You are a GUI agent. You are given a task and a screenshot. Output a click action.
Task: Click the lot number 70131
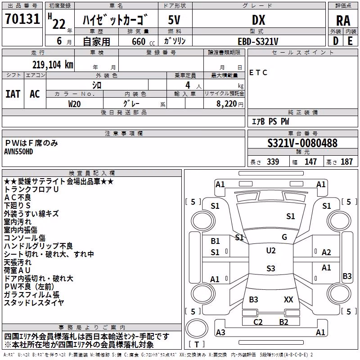pyautogui.click(x=22, y=18)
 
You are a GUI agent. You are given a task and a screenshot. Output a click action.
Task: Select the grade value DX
pyautogui.click(x=258, y=20)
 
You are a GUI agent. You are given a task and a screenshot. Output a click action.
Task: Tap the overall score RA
pyautogui.click(x=343, y=21)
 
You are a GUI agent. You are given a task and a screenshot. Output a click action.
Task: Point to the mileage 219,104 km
pyautogui.click(x=53, y=65)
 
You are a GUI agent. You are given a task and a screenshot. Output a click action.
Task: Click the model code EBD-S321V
pyautogui.click(x=258, y=41)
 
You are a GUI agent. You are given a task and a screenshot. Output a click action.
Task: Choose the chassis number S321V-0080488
pyautogui.click(x=302, y=143)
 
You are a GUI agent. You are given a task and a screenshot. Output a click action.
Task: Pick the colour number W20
pyautogui.click(x=74, y=104)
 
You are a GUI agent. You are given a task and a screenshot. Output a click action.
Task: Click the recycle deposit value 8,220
pyautogui.click(x=227, y=104)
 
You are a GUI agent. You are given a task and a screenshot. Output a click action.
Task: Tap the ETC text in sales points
pyautogui.click(x=258, y=72)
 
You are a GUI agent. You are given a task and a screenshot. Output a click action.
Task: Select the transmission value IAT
pyautogui.click(x=13, y=94)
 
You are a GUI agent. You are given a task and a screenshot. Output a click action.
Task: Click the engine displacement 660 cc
pyautogui.click(x=143, y=42)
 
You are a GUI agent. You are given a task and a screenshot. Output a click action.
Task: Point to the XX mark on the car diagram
pyautogui.click(x=288, y=299)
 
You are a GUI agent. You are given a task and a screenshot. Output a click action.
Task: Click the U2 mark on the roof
pyautogui.click(x=271, y=251)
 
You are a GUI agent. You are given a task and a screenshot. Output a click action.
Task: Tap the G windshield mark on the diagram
pyautogui.click(x=284, y=237)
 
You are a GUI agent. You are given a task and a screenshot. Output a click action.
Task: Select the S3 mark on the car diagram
pyautogui.click(x=271, y=268)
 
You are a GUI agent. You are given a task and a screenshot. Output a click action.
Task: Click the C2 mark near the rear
pyautogui.click(x=258, y=322)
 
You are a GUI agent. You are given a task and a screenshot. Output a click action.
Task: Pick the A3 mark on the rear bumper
pyautogui.click(x=220, y=332)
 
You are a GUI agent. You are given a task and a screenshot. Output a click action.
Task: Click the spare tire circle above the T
pyautogui.click(x=197, y=328)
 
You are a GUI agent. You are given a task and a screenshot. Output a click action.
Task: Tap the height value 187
pyautogui.click(x=346, y=162)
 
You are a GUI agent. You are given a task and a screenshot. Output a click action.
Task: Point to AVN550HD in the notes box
pyautogui.click(x=18, y=152)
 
